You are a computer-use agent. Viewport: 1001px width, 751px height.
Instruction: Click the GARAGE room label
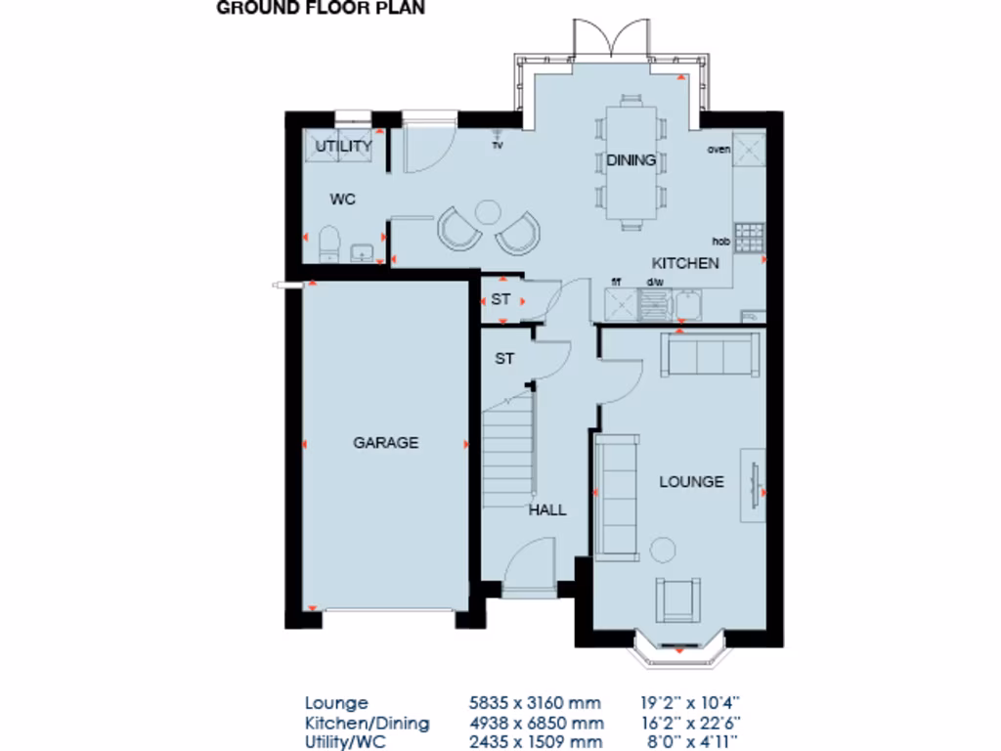tap(385, 443)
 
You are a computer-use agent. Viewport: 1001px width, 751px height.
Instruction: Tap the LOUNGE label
tap(691, 482)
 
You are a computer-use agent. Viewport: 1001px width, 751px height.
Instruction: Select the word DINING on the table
tap(631, 160)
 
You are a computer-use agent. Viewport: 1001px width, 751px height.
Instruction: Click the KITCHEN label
tap(685, 263)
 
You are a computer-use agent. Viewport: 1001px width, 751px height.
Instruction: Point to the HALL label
tap(547, 509)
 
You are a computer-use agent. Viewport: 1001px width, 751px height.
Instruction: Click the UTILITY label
tap(343, 147)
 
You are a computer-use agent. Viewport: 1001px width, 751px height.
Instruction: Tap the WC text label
tap(342, 199)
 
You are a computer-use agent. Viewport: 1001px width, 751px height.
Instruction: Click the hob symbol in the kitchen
tap(749, 236)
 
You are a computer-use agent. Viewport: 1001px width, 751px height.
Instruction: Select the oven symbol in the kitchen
tap(751, 150)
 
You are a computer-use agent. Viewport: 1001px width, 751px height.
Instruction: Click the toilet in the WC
tap(326, 243)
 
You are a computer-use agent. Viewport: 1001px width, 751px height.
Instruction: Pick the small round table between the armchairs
tap(486, 210)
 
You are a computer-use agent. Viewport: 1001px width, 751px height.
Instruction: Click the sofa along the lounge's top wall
tap(711, 354)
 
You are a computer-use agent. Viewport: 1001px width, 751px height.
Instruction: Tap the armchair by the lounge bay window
tap(677, 598)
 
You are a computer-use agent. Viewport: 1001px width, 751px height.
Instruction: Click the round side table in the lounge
tap(663, 550)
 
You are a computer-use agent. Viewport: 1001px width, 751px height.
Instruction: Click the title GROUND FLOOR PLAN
tap(320, 9)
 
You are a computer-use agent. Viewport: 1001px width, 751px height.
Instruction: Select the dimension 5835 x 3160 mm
tap(537, 702)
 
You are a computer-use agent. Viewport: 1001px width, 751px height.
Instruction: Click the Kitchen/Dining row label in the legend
tap(367, 724)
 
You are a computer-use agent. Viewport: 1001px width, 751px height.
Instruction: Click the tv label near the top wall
tap(497, 145)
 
